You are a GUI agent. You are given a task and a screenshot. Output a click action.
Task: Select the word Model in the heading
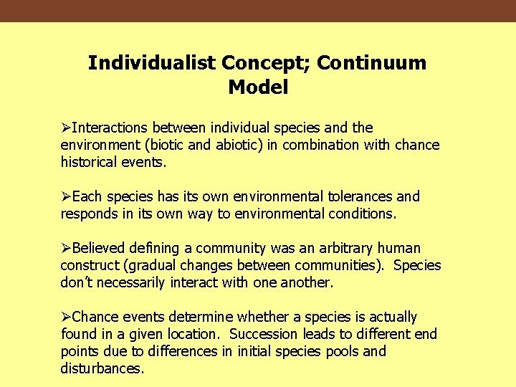(x=258, y=88)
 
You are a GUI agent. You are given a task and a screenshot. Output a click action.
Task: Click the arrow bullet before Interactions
(x=66, y=128)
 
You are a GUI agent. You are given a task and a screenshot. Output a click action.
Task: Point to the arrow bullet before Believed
(x=66, y=249)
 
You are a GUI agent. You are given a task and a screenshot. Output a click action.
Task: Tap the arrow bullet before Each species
(x=66, y=197)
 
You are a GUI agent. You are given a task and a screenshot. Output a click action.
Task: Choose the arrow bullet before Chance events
(x=66, y=317)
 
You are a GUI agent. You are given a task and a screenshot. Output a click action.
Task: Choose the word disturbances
(x=102, y=368)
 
